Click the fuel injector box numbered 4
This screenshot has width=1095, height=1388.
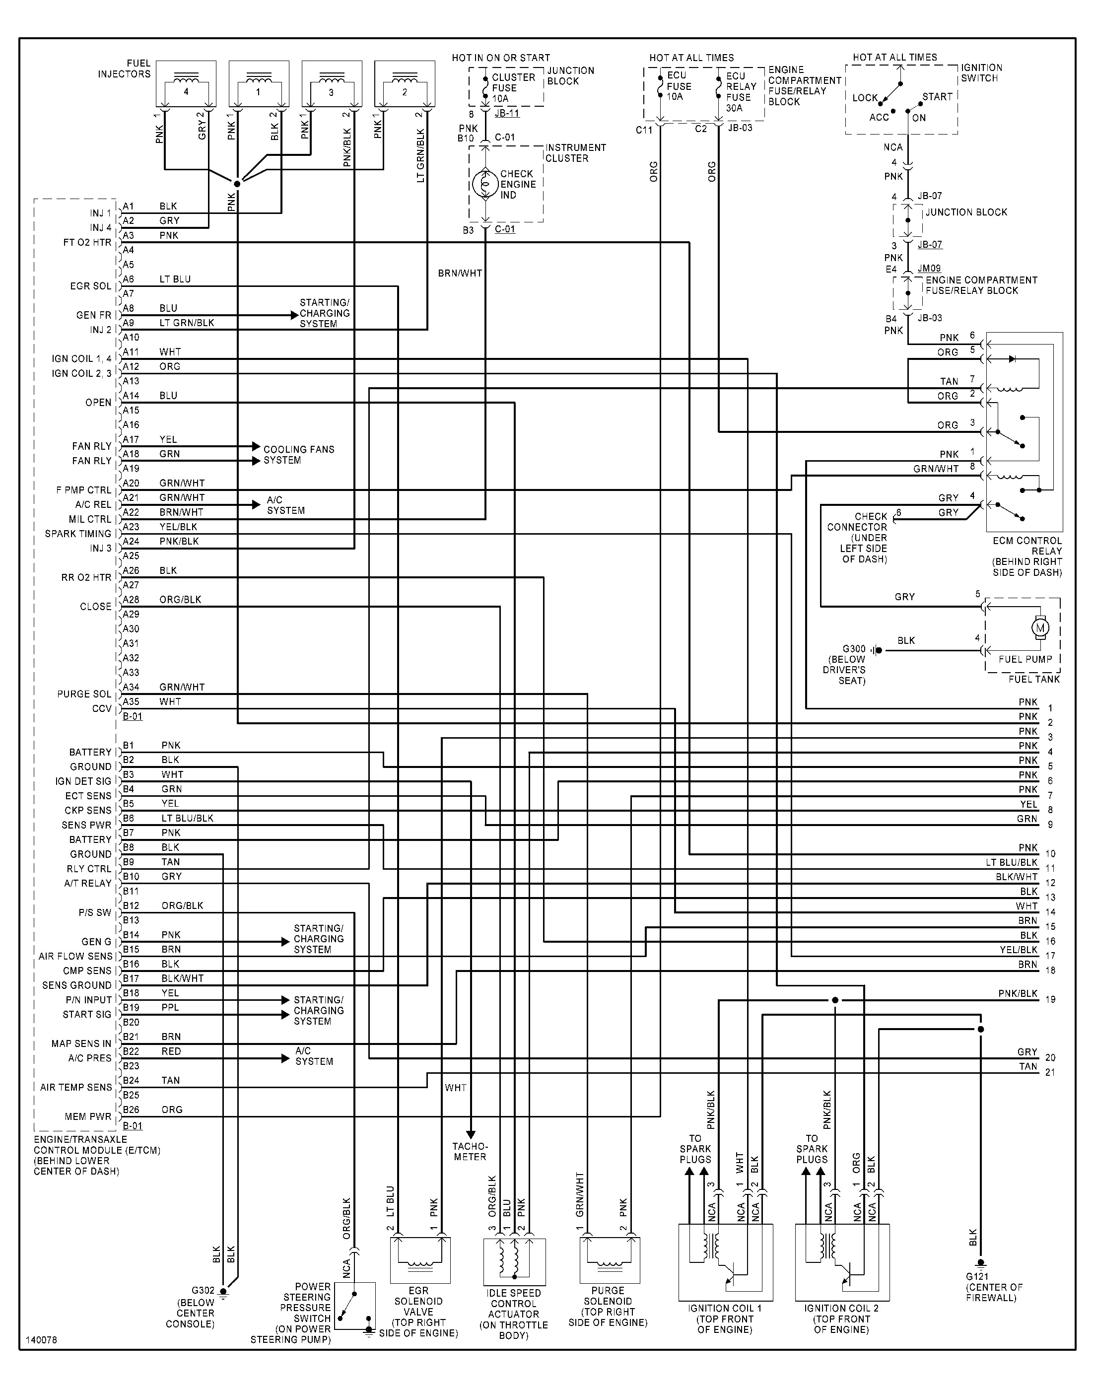point(186,84)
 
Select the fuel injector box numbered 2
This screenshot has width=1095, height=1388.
point(405,84)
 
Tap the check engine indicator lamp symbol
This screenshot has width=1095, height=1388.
point(484,184)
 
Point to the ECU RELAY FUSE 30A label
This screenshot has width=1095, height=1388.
point(741,92)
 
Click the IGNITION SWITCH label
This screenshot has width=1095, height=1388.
point(981,72)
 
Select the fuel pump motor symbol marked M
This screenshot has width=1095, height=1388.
point(1040,627)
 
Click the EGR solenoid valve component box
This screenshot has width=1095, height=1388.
point(420,1260)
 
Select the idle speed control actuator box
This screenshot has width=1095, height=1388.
point(514,1261)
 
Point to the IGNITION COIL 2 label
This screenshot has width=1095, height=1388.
point(841,1309)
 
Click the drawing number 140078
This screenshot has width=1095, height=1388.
point(41,1340)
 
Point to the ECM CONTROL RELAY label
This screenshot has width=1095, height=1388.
point(1027,546)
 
